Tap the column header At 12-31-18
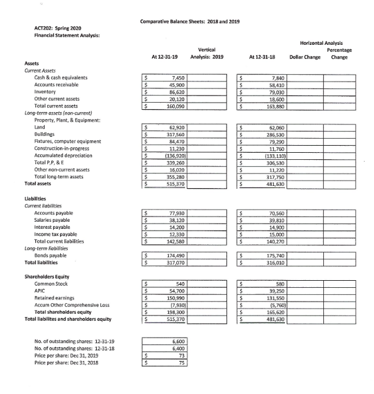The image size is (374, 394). pos(262,57)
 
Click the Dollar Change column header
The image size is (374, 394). pos(305,57)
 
